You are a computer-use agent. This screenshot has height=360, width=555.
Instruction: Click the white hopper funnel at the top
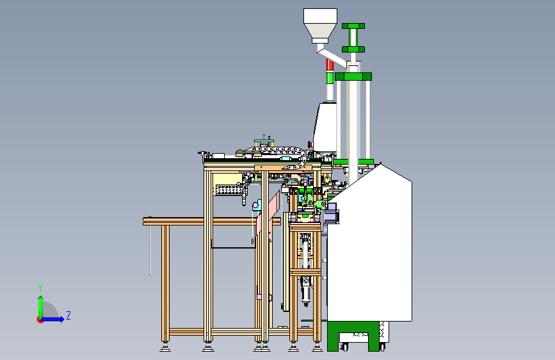click(x=320, y=25)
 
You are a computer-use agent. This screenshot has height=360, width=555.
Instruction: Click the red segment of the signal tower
click(x=330, y=65)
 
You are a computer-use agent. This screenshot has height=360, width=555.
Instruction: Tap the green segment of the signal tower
click(x=330, y=78)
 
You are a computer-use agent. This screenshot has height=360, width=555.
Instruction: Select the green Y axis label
click(x=40, y=288)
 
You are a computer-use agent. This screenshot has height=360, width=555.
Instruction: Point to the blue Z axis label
click(x=68, y=315)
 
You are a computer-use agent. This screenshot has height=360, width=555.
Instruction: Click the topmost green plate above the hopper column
click(x=353, y=26)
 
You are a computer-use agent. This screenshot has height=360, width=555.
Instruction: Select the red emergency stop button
click(x=310, y=145)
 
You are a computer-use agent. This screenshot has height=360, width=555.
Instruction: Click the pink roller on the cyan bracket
click(x=255, y=206)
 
